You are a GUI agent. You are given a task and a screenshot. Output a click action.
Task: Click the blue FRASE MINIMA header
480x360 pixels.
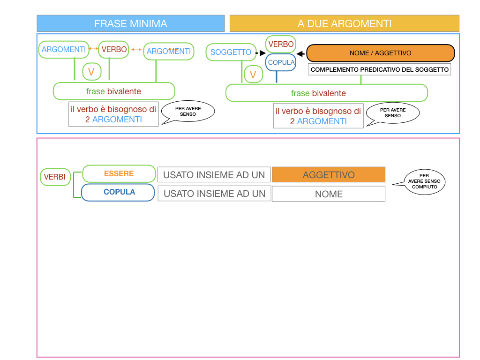tap(131, 23)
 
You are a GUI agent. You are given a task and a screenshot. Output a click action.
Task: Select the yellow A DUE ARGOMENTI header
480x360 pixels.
tap(345, 23)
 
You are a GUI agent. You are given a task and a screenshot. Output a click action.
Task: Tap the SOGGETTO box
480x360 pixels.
tap(231, 52)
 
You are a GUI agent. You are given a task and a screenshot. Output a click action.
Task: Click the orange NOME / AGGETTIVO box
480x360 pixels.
tap(380, 53)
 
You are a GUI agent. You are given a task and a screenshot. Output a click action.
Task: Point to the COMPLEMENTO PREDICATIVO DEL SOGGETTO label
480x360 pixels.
tap(380, 70)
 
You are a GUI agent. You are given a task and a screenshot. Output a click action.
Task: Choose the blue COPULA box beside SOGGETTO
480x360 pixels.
tap(281, 62)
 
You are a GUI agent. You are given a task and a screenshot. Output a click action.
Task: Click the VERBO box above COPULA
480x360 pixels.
tap(281, 44)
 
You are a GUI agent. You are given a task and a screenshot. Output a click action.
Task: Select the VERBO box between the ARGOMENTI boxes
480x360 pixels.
tap(114, 49)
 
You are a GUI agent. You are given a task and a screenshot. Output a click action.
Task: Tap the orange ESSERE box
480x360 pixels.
tap(119, 173)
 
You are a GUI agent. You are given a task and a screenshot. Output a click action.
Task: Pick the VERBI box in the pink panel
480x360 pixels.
tap(55, 177)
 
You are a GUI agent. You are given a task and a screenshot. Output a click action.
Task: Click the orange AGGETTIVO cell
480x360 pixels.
tap(329, 175)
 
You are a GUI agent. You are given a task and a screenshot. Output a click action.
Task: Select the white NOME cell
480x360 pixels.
tap(329, 194)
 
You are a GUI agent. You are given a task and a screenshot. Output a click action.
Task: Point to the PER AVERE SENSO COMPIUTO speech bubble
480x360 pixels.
tap(424, 181)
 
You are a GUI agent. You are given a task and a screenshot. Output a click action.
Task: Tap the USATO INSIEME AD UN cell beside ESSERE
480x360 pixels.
tap(214, 175)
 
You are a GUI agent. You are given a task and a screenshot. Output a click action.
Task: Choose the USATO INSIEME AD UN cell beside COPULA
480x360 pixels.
tap(214, 194)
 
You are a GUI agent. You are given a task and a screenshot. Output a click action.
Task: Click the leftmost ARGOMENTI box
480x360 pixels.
tap(64, 49)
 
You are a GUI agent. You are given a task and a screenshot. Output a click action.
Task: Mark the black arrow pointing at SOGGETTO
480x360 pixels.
tap(257, 52)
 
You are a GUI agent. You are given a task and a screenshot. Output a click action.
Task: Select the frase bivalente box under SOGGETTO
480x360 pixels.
tap(327, 93)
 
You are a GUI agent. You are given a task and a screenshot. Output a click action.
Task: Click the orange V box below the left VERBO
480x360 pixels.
tap(91, 72)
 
